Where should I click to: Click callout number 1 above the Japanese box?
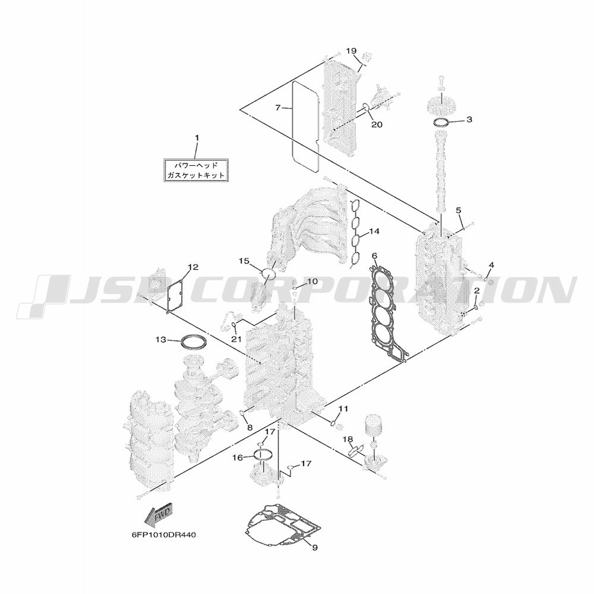(x=197, y=138)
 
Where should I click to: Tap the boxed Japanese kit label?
(x=196, y=170)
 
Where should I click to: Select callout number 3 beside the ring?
(x=469, y=120)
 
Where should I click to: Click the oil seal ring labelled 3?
(x=441, y=123)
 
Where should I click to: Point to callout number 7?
(x=278, y=108)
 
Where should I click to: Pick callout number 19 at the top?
(x=351, y=50)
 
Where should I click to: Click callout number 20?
(x=377, y=124)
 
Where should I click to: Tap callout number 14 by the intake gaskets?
(x=374, y=231)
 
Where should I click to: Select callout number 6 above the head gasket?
(x=375, y=256)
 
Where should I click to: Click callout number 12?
(x=193, y=267)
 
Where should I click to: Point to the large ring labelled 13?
(x=195, y=343)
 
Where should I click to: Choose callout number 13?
(x=161, y=340)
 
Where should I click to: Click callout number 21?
(x=236, y=339)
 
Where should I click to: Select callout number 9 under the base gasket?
(x=315, y=558)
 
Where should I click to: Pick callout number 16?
(x=238, y=458)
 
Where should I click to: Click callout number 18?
(x=347, y=440)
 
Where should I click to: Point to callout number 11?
(x=343, y=409)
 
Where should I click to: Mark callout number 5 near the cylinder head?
(x=459, y=210)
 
